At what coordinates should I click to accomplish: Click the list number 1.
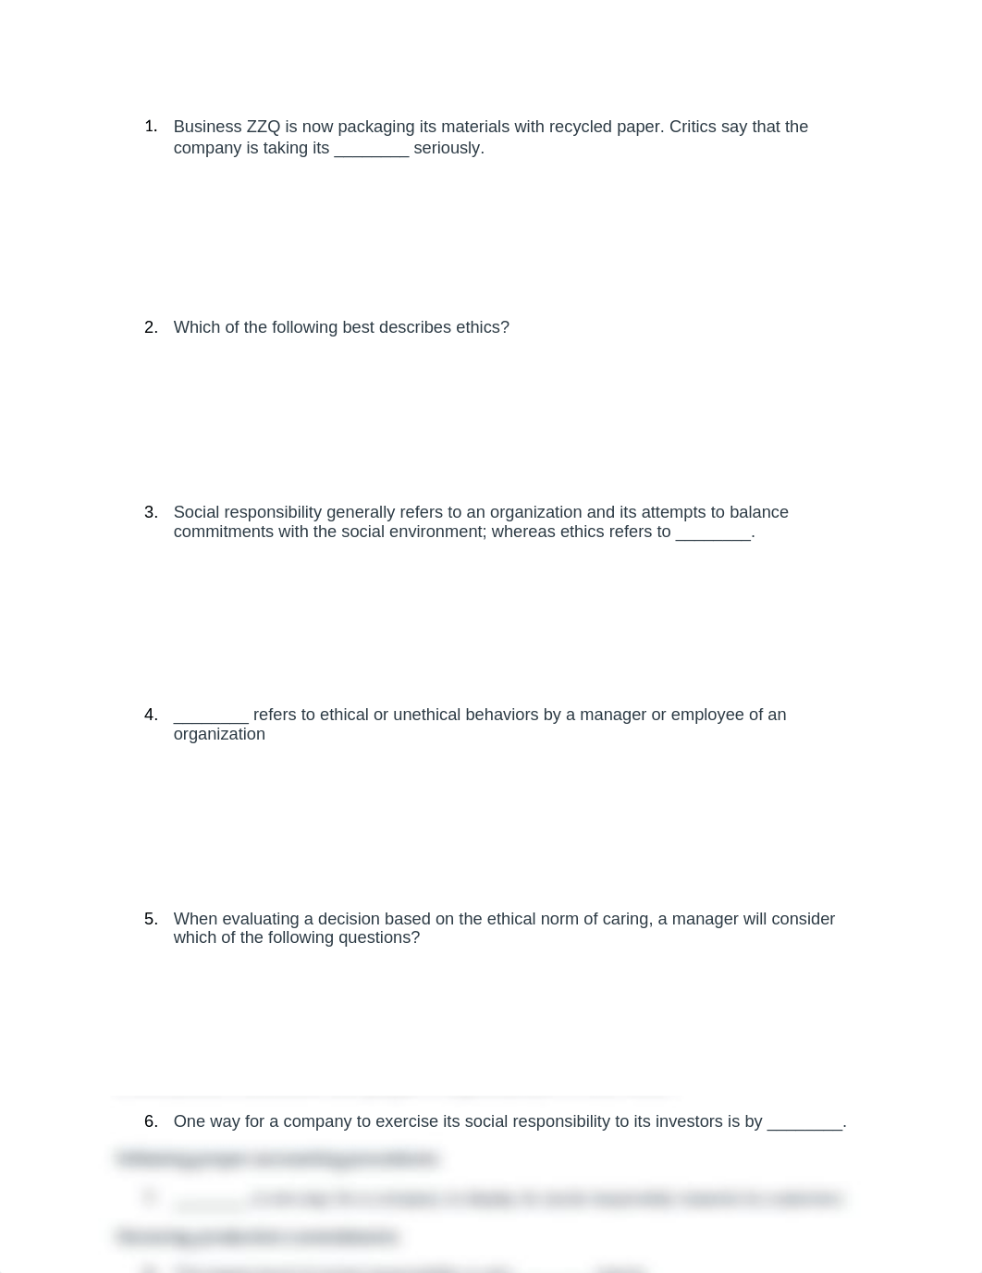(151, 127)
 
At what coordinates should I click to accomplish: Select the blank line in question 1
(371, 150)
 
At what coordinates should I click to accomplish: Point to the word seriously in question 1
(448, 148)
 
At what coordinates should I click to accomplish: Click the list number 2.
(151, 327)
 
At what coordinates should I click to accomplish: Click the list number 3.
(151, 512)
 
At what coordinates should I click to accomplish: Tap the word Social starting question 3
(197, 512)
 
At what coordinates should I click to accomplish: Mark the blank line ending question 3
(713, 533)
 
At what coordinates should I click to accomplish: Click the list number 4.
(151, 715)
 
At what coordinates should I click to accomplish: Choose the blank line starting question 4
(211, 716)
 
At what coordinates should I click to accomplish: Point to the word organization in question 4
(219, 734)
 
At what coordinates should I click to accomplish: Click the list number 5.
(151, 919)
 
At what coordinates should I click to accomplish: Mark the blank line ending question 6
(804, 1123)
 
